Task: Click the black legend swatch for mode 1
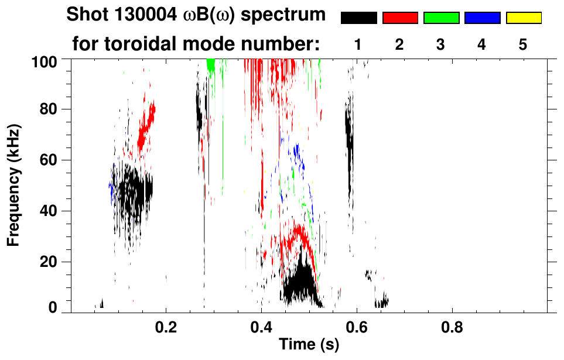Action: click(x=358, y=18)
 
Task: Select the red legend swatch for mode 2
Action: click(x=400, y=18)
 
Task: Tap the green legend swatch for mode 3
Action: click(x=441, y=18)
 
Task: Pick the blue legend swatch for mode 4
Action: click(x=482, y=18)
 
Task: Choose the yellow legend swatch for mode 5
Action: click(x=523, y=18)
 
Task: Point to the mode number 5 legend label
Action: click(x=523, y=44)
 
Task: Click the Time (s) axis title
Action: click(x=309, y=345)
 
